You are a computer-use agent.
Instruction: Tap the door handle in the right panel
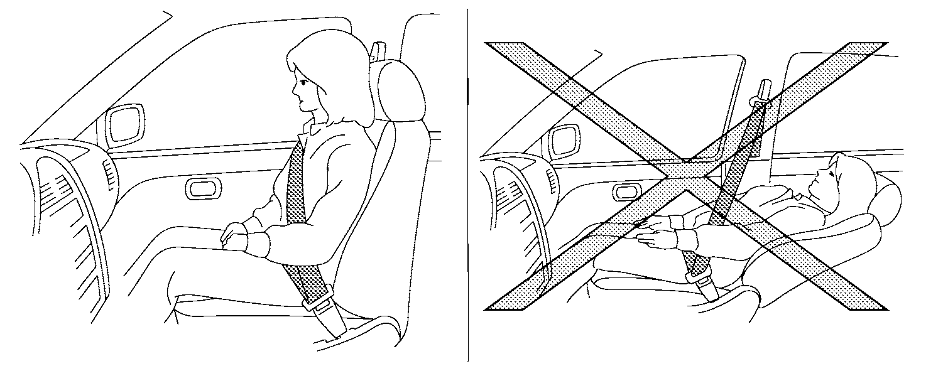coord(627,192)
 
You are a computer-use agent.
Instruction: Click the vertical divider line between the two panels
coord(468,188)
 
